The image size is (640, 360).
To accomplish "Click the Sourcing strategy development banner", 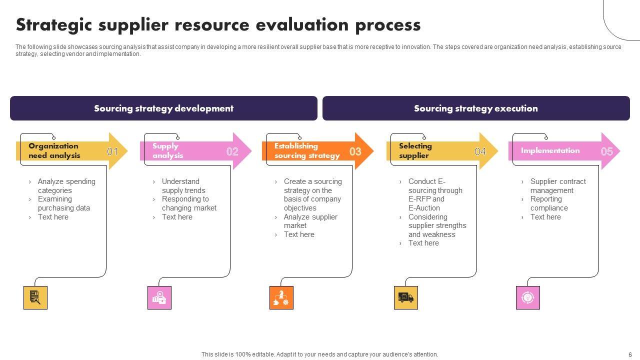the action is (163, 108).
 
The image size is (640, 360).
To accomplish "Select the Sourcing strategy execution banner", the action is (475, 108).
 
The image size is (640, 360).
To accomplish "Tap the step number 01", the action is (112, 151).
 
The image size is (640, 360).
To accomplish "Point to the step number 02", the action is (232, 151).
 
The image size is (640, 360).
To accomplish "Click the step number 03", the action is (355, 151).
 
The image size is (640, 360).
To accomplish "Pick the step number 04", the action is (480, 151).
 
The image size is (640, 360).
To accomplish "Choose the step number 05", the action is (606, 151).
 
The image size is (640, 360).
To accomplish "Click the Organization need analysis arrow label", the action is (54, 150).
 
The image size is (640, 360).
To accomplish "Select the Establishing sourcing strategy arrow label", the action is (306, 150).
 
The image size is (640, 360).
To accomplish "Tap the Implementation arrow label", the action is (550, 150).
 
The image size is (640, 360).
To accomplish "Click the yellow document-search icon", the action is (35, 297).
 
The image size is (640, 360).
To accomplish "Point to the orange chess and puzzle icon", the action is (281, 297).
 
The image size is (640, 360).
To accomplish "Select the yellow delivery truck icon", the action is (405, 297).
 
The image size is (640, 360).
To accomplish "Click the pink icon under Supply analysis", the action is (159, 297).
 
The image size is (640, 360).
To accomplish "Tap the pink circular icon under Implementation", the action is (527, 297).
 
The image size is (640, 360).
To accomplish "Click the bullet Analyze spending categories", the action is (66, 186).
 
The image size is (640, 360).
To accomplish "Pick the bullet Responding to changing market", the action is (189, 203).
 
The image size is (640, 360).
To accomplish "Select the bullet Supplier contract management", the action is (557, 186).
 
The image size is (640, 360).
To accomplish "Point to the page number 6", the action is (630, 354).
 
